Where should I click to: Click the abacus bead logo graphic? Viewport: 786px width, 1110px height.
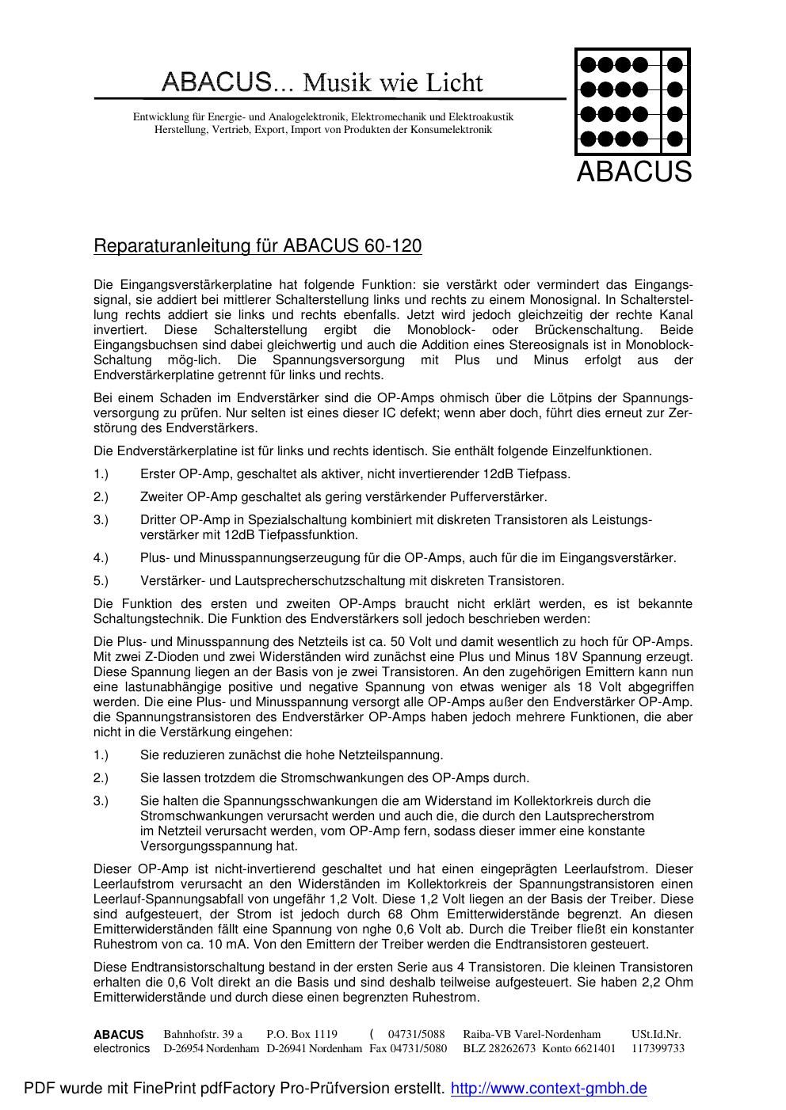pyautogui.click(x=632, y=102)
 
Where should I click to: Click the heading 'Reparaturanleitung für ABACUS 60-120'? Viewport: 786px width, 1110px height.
pyautogui.click(x=258, y=246)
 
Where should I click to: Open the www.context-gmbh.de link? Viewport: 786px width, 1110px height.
pyautogui.click(x=548, y=1089)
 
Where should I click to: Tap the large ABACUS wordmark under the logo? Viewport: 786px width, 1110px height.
pyautogui.click(x=634, y=172)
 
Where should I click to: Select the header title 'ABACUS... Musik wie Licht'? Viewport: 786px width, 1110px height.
pyautogui.click(x=322, y=82)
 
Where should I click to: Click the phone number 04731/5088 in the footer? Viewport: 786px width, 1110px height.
pyautogui.click(x=416, y=1034)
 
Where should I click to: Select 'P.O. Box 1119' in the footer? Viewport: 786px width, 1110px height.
pyautogui.click(x=302, y=1034)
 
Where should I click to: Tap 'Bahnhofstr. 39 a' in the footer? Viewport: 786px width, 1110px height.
pyautogui.click(x=203, y=1034)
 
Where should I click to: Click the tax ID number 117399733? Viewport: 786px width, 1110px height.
pyautogui.click(x=658, y=1049)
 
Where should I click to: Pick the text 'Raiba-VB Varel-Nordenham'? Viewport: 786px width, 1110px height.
pyautogui.click(x=532, y=1034)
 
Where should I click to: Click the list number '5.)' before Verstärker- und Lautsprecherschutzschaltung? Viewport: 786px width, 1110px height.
pyautogui.click(x=101, y=581)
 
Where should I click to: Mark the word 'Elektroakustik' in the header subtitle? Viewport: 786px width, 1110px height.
pyautogui.click(x=483, y=117)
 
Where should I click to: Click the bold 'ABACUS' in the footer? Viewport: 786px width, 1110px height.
pyautogui.click(x=119, y=1034)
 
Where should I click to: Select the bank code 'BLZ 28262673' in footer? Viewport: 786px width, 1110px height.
pyautogui.click(x=499, y=1049)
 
